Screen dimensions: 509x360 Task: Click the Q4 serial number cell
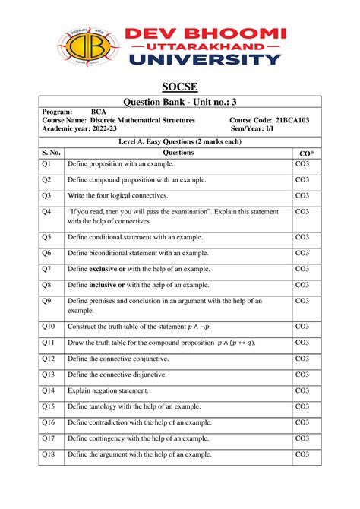tap(46, 212)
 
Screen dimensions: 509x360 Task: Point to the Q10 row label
tap(49, 326)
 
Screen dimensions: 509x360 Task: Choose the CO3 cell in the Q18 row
tap(302, 454)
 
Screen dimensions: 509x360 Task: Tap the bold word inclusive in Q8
tap(107, 285)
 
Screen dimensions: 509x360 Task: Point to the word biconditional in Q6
tap(113, 253)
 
